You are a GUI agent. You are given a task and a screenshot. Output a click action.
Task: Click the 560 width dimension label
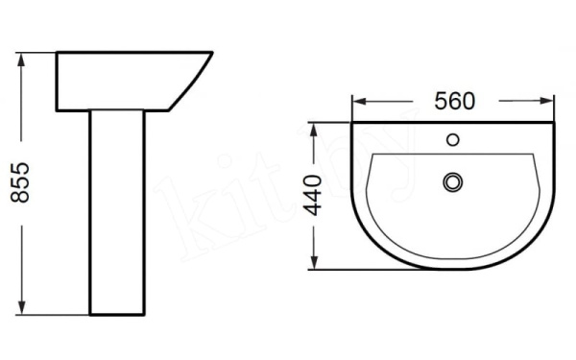pyautogui.click(x=455, y=100)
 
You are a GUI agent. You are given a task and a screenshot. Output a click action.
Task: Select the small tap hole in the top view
pyautogui.click(x=453, y=141)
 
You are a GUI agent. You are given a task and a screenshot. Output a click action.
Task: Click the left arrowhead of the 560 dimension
pyautogui.click(x=358, y=101)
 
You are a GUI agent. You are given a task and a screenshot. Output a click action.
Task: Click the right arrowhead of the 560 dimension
pyautogui.click(x=551, y=101)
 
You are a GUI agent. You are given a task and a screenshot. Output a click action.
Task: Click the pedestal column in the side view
pyautogui.click(x=118, y=211)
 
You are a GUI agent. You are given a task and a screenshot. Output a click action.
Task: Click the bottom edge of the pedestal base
pyautogui.click(x=118, y=315)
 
